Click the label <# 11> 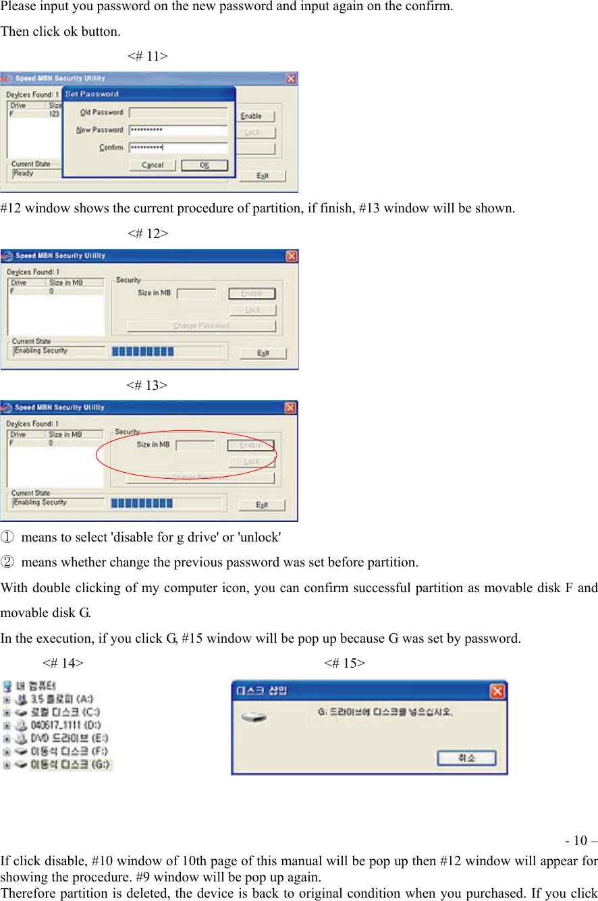[x=147, y=57]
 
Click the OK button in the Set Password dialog [x=205, y=165]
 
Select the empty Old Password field [x=178, y=113]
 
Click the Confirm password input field [x=178, y=148]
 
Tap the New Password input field [x=178, y=130]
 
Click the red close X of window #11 [x=291, y=79]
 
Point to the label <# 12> [x=147, y=234]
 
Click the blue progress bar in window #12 [x=142, y=351]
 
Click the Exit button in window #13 [x=263, y=505]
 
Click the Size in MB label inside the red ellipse [x=153, y=445]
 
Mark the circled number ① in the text [x=6, y=537]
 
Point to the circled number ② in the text [x=6, y=562]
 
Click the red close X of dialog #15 [x=497, y=691]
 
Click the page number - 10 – [x=580, y=841]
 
